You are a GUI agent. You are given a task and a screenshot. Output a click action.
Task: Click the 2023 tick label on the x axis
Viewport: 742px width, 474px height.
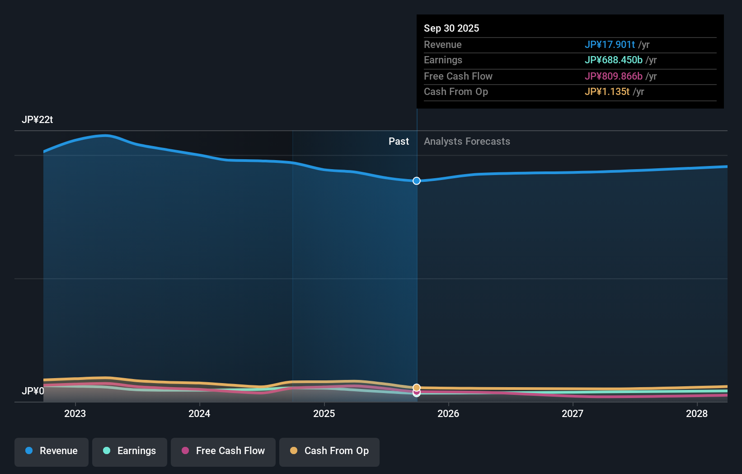pyautogui.click(x=75, y=413)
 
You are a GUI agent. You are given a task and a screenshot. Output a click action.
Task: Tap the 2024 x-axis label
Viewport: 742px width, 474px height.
pyautogui.click(x=199, y=413)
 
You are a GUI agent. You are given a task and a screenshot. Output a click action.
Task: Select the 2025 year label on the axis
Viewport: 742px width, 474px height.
pyautogui.click(x=324, y=413)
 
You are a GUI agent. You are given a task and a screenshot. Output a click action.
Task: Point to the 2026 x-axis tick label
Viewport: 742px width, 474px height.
pyautogui.click(x=448, y=413)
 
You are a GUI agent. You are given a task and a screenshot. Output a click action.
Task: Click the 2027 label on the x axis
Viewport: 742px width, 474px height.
pyautogui.click(x=573, y=413)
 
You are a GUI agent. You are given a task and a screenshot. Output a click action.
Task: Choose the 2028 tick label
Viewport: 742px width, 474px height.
pyautogui.click(x=697, y=413)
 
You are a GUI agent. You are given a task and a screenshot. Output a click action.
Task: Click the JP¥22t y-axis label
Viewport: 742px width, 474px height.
pyautogui.click(x=38, y=120)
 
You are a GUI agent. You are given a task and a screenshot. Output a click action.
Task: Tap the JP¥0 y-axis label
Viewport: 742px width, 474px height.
pyautogui.click(x=33, y=391)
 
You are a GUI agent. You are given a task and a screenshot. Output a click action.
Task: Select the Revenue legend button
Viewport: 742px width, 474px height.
pyautogui.click(x=52, y=451)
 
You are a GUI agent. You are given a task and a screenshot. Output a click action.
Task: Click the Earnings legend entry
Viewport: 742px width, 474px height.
pyautogui.click(x=130, y=451)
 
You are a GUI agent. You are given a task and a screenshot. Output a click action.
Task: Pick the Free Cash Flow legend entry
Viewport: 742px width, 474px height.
pyautogui.click(x=223, y=451)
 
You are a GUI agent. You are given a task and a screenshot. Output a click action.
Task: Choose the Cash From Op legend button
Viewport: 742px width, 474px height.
pyautogui.click(x=329, y=451)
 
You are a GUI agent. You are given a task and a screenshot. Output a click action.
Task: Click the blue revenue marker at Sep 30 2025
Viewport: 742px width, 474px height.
pyautogui.click(x=417, y=181)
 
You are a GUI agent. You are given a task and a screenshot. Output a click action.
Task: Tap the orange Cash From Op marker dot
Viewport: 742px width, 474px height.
pyautogui.click(x=417, y=388)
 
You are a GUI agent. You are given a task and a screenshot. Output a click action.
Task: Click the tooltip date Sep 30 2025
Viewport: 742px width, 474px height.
pyautogui.click(x=451, y=28)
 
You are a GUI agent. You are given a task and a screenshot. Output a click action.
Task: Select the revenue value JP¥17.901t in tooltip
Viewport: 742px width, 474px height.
pyautogui.click(x=610, y=44)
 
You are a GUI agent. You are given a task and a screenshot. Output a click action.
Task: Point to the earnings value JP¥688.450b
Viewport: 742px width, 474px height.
pyautogui.click(x=613, y=60)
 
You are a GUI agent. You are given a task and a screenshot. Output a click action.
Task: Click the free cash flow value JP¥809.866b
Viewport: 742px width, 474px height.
pyautogui.click(x=613, y=76)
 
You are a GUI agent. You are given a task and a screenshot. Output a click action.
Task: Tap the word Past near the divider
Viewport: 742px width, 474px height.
pyautogui.click(x=399, y=142)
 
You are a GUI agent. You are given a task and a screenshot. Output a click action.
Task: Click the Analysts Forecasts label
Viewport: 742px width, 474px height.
pyautogui.click(x=467, y=142)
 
